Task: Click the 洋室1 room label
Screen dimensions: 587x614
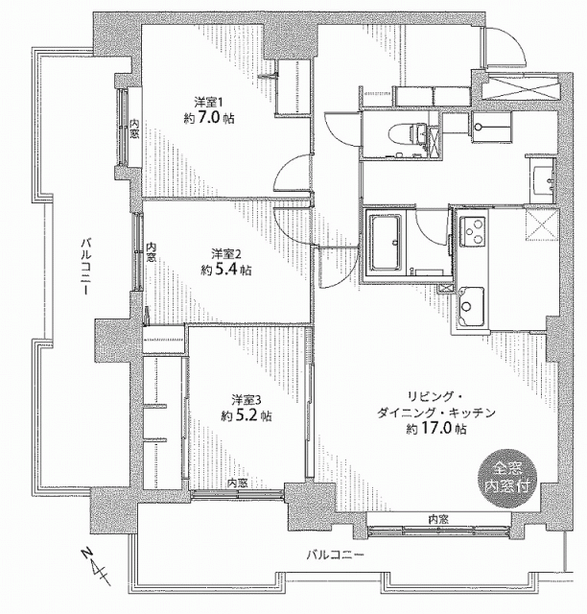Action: click(209, 103)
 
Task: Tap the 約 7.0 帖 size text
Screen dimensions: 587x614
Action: click(209, 118)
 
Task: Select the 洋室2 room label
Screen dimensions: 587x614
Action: click(226, 254)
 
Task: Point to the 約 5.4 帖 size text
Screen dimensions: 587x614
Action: click(226, 270)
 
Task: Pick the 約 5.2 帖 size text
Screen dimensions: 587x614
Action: click(247, 415)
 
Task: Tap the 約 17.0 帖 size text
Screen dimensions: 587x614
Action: click(436, 429)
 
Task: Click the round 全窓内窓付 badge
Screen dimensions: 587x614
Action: click(507, 479)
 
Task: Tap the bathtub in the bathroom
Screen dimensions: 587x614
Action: click(387, 243)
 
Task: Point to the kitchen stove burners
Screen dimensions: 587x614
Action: click(472, 231)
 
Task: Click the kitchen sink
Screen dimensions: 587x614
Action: click(472, 306)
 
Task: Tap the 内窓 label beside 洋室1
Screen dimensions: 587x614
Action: click(134, 128)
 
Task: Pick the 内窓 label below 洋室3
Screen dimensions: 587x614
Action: click(238, 483)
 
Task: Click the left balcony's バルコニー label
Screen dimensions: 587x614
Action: click(85, 266)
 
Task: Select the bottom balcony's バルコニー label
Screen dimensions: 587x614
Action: click(336, 555)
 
